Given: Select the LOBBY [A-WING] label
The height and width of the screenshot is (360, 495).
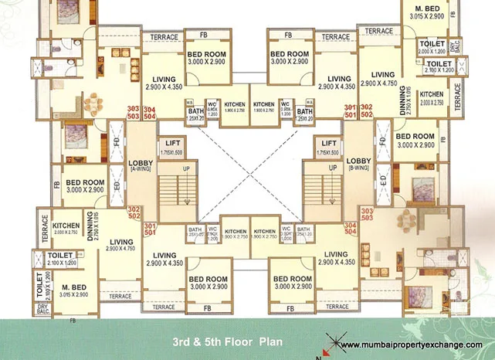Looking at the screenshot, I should [140, 164].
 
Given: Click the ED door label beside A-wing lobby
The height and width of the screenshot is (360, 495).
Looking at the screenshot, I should [117, 186].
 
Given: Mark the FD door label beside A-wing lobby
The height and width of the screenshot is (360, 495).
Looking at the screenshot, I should [117, 143].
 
